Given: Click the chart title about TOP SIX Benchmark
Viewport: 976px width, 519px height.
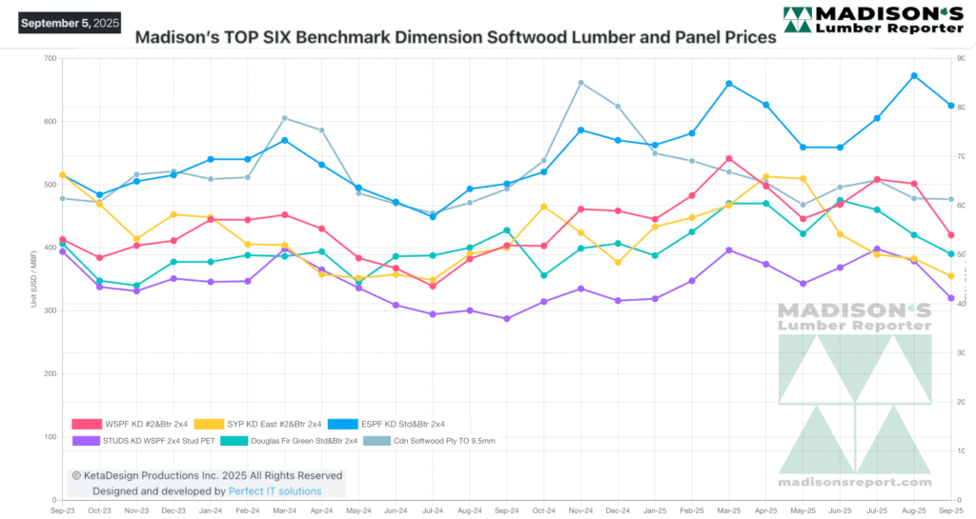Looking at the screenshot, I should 456,40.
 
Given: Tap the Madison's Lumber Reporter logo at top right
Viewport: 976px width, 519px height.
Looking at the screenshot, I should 873,21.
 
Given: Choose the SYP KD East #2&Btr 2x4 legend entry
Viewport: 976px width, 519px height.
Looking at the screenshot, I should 254,424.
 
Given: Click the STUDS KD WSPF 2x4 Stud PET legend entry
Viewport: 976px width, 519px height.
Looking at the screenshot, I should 143,441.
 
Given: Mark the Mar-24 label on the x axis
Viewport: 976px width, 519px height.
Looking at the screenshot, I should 284,511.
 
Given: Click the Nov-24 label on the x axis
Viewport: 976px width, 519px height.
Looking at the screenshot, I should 580,511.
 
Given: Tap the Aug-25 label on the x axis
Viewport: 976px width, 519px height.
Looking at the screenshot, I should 914,511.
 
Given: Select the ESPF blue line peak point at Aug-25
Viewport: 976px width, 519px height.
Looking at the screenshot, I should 914,75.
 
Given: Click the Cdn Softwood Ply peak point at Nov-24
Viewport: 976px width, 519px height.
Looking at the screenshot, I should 580,83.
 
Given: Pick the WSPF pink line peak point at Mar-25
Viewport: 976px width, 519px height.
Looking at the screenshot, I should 729,158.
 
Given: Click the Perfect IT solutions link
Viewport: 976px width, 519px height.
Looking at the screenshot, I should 274,491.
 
